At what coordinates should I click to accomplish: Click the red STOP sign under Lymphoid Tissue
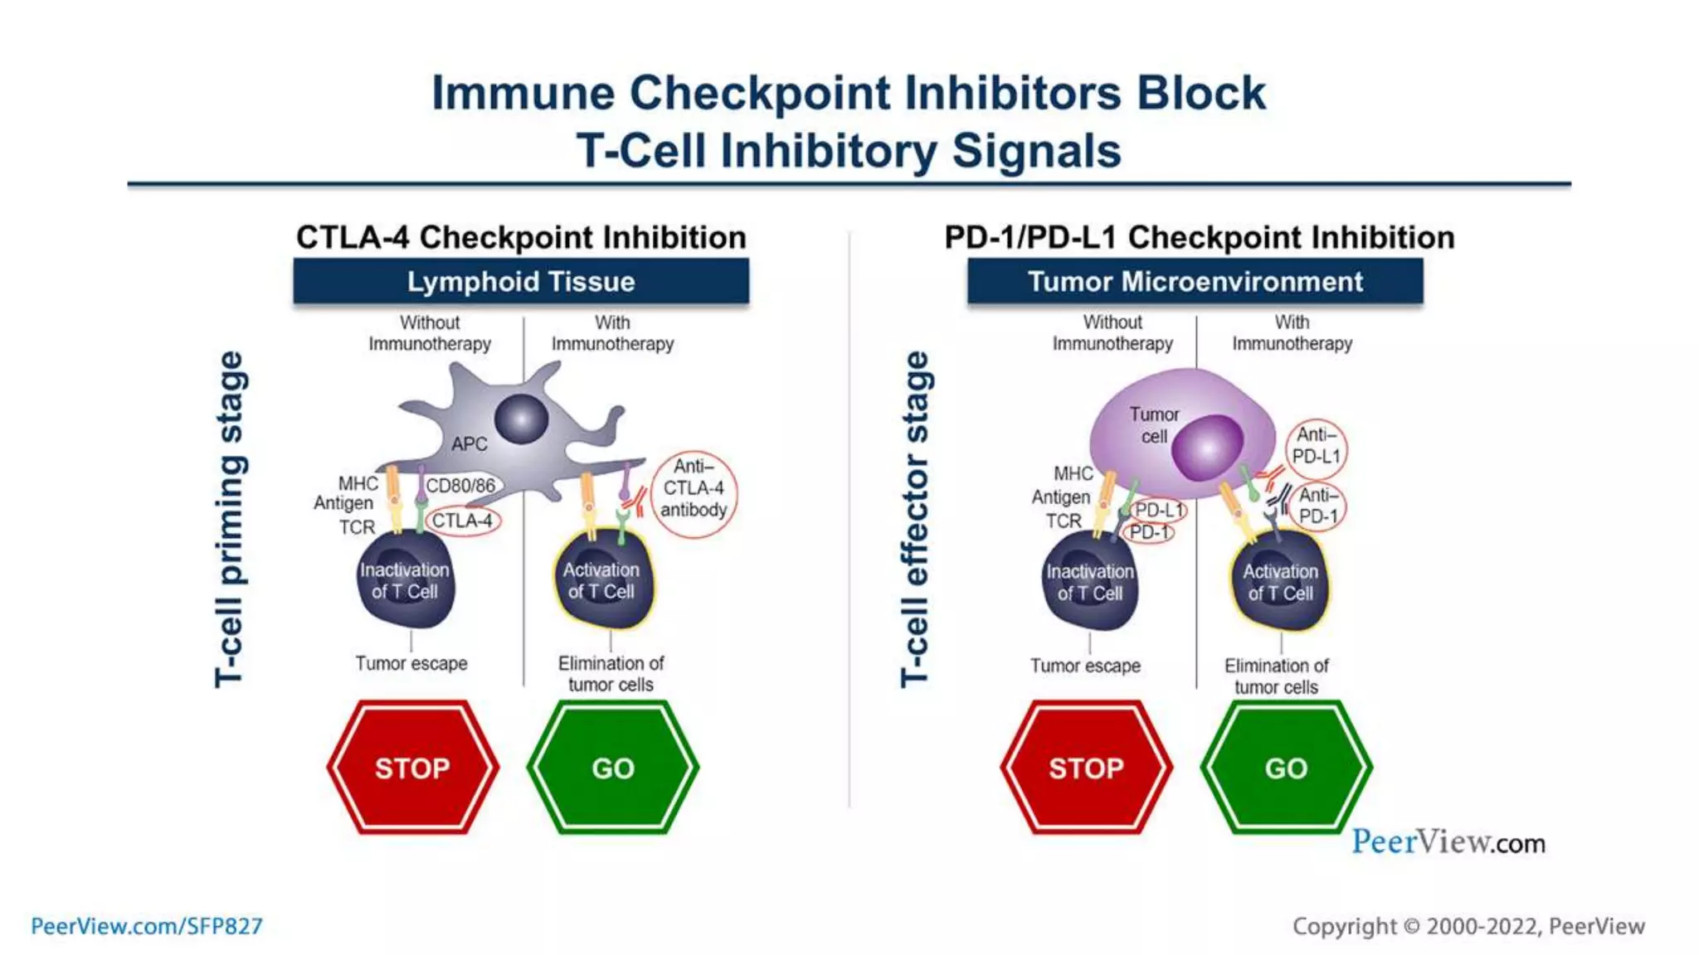(412, 768)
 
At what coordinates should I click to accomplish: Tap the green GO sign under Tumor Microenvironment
(1286, 768)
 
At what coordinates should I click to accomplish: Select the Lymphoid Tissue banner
(521, 282)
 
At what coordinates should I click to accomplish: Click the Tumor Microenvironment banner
(1195, 282)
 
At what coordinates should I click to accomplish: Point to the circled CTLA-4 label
(463, 521)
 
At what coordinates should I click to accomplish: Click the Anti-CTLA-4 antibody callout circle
(694, 494)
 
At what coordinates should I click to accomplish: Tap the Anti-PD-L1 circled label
(1317, 446)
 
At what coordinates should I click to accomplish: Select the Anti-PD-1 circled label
(1318, 506)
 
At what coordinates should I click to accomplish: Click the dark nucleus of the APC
(521, 419)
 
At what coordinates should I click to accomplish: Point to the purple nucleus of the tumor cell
(1207, 448)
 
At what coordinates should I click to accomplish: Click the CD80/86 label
(460, 486)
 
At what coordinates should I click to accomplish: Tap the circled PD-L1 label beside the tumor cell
(1159, 510)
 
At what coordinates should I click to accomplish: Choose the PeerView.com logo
(1448, 842)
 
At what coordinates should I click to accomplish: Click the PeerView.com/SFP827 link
(147, 926)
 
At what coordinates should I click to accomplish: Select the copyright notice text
(1468, 926)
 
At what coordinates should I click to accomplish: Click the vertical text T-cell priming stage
(230, 519)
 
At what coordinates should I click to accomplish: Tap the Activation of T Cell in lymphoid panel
(602, 580)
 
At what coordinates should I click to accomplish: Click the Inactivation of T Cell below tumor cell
(1089, 582)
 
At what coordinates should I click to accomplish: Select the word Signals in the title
(1036, 152)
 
